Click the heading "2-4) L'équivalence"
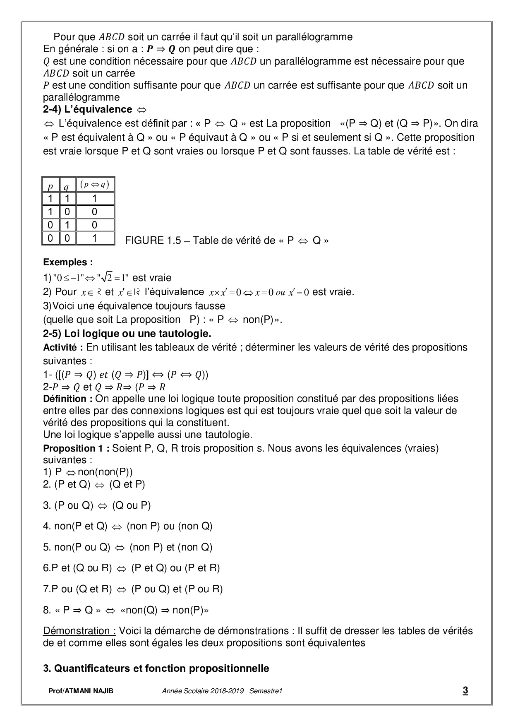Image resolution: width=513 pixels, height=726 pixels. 88,109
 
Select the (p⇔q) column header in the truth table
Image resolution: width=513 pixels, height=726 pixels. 95,185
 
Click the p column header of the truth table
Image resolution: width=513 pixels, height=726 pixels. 50,186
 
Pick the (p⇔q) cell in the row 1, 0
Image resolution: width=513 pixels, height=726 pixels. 95,212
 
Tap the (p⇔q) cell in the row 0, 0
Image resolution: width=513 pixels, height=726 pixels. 95,238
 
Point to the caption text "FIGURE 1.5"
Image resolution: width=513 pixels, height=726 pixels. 153,241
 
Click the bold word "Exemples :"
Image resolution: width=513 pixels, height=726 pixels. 68,262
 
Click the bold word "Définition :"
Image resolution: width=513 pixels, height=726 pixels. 67,399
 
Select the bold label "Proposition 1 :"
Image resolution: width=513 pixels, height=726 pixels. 76,448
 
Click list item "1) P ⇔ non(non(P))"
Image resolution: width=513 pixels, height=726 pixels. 88,472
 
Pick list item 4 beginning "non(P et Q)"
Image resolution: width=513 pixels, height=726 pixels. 127,526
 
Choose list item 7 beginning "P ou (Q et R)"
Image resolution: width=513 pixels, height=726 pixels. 133,589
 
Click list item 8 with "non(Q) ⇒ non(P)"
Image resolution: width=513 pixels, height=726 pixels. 126,610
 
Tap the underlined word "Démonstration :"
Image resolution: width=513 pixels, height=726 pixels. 79,631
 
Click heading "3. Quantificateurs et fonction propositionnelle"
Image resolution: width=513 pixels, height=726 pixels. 156,668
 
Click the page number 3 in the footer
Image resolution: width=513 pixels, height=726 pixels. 465,690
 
